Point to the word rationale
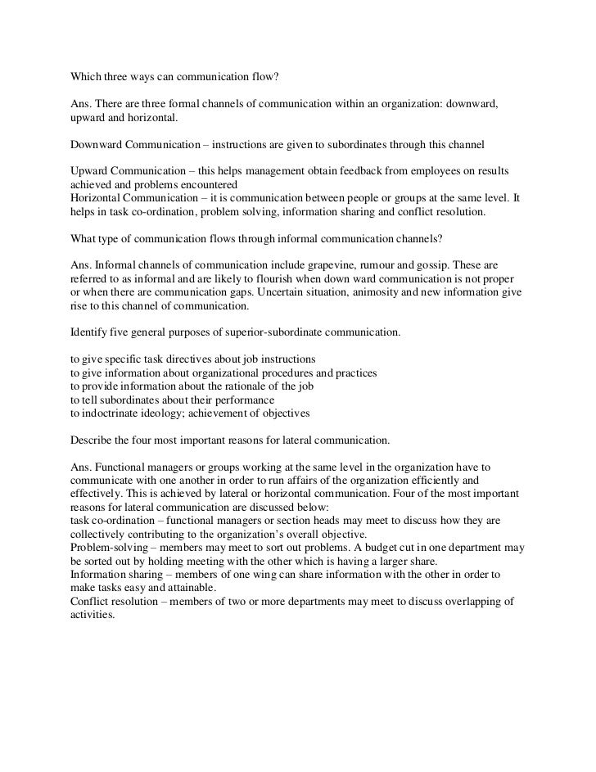248,386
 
